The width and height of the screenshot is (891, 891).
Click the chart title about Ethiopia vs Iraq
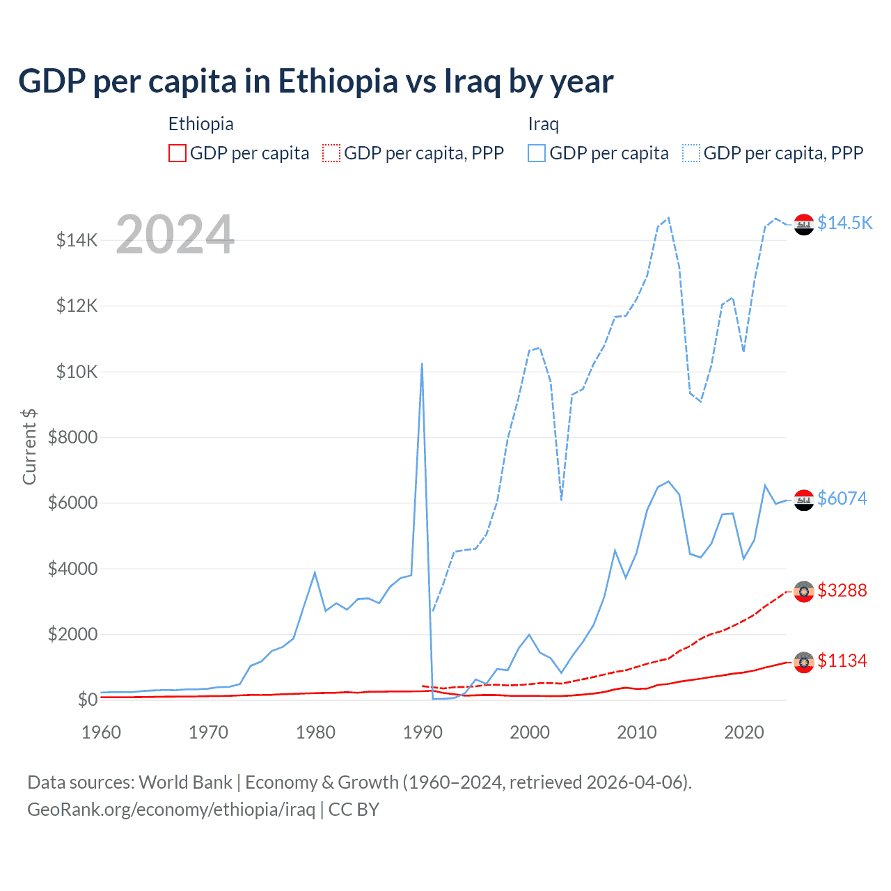pyautogui.click(x=315, y=81)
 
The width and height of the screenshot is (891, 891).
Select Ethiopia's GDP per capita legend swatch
pyautogui.click(x=178, y=153)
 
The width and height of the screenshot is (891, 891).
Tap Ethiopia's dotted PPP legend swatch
pyautogui.click(x=331, y=153)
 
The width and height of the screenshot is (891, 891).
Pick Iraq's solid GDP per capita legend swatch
pyautogui.click(x=537, y=153)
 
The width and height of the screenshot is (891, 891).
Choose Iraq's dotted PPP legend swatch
pyautogui.click(x=691, y=153)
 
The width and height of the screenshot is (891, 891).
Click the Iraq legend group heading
pyautogui.click(x=543, y=124)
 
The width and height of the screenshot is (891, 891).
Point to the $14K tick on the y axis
pyautogui.click(x=77, y=241)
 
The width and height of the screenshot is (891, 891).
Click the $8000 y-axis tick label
pyautogui.click(x=72, y=438)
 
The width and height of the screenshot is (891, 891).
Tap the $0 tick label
pyautogui.click(x=87, y=700)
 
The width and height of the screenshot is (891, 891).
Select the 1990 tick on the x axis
pyautogui.click(x=423, y=732)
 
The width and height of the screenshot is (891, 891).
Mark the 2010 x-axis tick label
pyautogui.click(x=637, y=732)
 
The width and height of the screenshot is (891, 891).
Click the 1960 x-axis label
pyautogui.click(x=102, y=732)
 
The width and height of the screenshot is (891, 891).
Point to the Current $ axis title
pyautogui.click(x=29, y=447)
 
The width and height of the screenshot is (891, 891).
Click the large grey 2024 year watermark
pyautogui.click(x=175, y=235)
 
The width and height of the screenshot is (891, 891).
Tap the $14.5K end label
pyautogui.click(x=844, y=223)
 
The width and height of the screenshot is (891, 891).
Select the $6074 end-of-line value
pyautogui.click(x=842, y=498)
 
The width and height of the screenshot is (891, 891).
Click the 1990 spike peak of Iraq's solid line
pyautogui.click(x=422, y=363)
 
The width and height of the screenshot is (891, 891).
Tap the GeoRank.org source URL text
pyautogui.click(x=171, y=810)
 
